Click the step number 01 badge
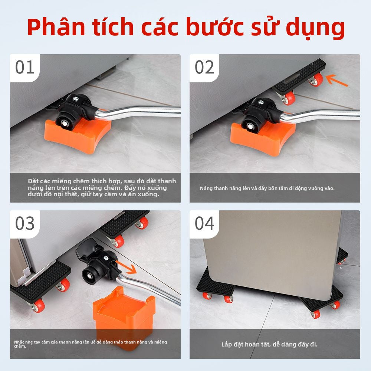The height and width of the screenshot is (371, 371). [x=25, y=68]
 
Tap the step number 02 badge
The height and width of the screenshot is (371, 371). [x=205, y=68]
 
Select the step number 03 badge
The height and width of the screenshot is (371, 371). [x=25, y=224]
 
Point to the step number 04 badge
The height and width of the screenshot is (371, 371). [x=205, y=224]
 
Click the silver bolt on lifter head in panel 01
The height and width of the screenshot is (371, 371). [x=75, y=99]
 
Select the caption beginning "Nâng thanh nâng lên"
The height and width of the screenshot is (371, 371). [x=267, y=188]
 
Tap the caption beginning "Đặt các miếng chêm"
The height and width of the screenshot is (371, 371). [x=102, y=188]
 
